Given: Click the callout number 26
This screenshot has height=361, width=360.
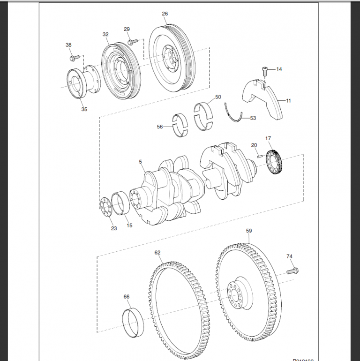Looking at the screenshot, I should point(165,14).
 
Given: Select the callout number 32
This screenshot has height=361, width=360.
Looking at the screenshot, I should point(105,34).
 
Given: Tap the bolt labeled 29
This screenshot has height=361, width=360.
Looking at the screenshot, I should point(131,42).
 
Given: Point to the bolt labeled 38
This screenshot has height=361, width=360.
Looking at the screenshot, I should point(73,58).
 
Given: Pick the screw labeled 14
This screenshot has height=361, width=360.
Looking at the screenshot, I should point(264,72).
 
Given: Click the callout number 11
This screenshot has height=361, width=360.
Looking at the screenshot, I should point(288,100).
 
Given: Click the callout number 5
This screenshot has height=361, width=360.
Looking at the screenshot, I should point(140,162).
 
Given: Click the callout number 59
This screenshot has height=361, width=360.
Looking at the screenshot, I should point(249,231).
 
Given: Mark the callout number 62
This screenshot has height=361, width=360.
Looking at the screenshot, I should point(157,252).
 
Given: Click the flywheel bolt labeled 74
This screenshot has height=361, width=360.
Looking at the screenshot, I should point(293,271).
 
